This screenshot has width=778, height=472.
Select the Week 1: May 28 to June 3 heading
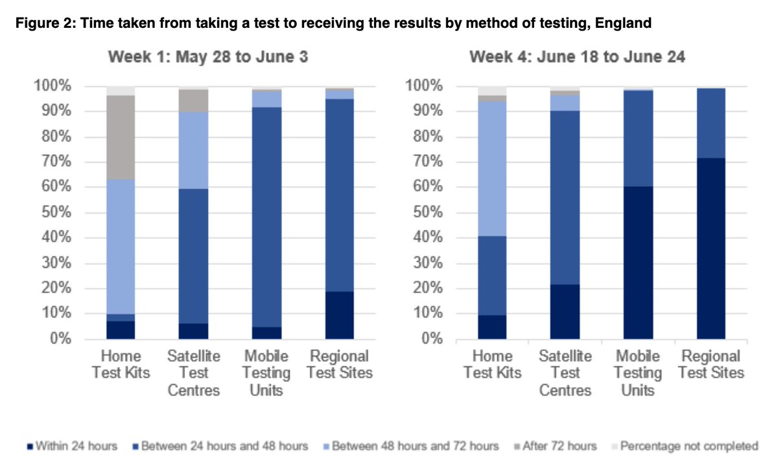[208, 58]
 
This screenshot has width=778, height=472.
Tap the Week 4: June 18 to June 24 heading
[577, 58]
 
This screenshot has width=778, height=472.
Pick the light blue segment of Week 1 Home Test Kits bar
[121, 247]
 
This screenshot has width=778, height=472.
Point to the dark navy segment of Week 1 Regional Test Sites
[340, 315]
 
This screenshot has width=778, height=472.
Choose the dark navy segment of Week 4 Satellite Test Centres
[565, 311]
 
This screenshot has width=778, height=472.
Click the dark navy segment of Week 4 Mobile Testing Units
[637, 263]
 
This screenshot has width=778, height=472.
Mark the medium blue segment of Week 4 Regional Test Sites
[711, 123]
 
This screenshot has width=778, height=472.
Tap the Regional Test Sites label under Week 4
[711, 365]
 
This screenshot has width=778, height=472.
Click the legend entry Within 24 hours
[72, 446]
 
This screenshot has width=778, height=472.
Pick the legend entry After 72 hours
[558, 446]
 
